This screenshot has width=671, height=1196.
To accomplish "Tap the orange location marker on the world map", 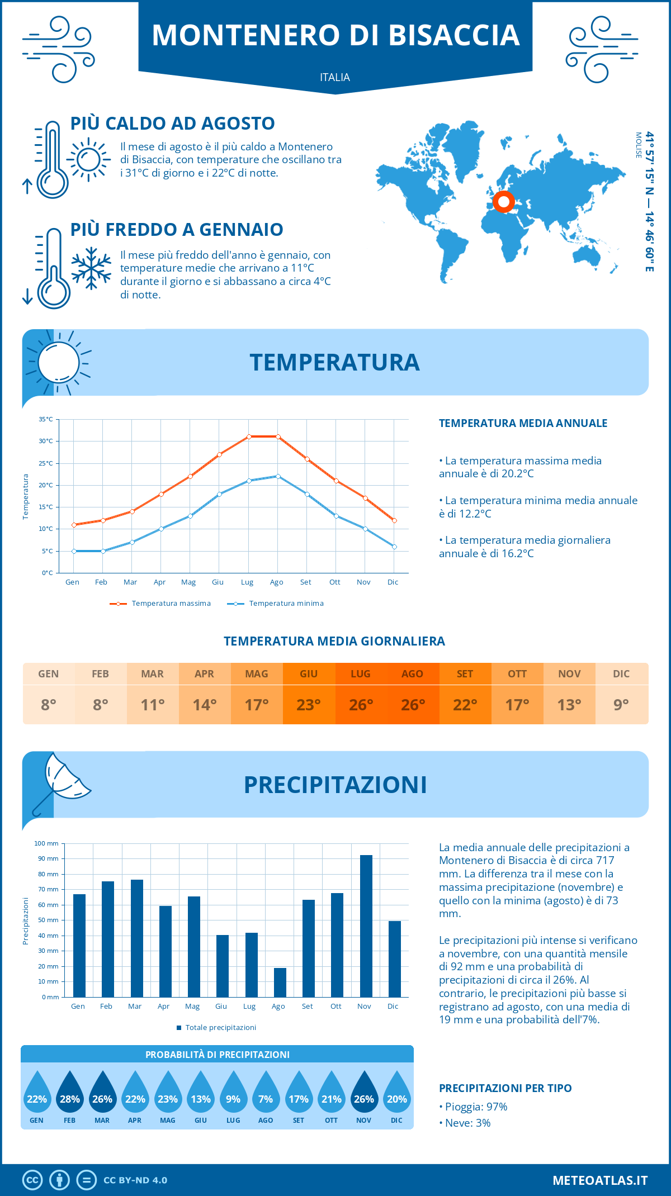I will [x=504, y=201].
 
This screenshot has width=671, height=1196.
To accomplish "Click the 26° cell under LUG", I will [x=361, y=705].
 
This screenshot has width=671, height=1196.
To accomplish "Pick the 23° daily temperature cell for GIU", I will [x=309, y=705].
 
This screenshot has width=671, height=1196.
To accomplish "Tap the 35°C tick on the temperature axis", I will [x=46, y=419].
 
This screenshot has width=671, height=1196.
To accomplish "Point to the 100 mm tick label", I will [x=46, y=843].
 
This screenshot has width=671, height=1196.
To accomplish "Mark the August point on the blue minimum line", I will [x=278, y=476].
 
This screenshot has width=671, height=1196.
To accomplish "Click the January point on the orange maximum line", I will [x=74, y=525].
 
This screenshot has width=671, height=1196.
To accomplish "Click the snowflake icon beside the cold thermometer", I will [x=91, y=268].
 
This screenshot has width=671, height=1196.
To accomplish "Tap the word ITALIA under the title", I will [x=335, y=78].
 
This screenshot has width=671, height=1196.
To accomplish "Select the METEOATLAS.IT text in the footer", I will [x=600, y=1180].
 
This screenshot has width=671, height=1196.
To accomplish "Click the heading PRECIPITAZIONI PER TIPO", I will [x=505, y=1088].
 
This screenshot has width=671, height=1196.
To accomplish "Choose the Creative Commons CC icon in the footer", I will [x=32, y=1180].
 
